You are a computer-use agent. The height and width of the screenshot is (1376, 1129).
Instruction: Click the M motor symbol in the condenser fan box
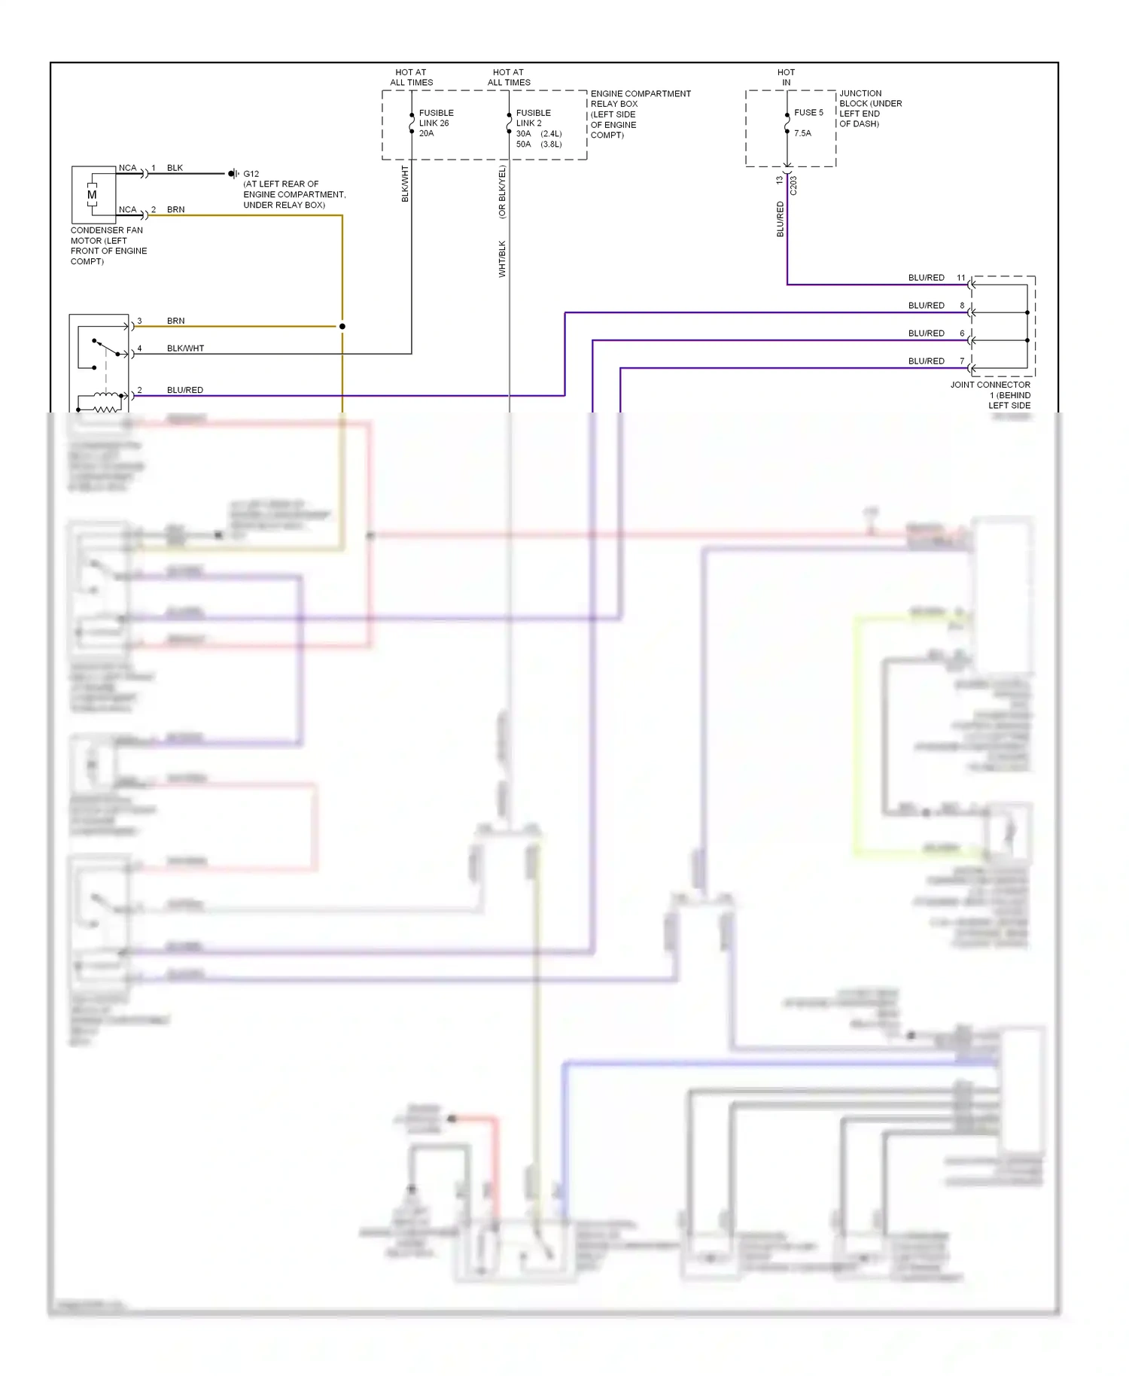click(x=92, y=195)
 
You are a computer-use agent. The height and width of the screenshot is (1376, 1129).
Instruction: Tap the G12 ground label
click(x=251, y=174)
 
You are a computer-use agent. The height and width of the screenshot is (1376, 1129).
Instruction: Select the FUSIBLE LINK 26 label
click(x=436, y=118)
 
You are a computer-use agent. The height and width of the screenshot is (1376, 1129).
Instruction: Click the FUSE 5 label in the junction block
click(x=808, y=113)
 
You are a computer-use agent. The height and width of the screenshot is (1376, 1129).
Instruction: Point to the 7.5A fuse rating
click(x=802, y=133)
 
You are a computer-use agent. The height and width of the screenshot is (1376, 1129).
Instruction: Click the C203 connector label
click(x=793, y=186)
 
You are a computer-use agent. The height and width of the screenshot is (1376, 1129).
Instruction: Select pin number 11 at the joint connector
click(x=960, y=278)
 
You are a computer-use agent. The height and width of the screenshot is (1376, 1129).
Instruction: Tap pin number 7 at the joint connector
click(x=961, y=361)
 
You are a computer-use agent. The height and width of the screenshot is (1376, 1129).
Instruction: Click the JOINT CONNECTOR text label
click(x=990, y=385)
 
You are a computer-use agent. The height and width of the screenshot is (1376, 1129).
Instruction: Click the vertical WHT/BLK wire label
click(x=502, y=259)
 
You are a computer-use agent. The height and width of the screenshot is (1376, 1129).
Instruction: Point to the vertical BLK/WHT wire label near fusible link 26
click(x=405, y=184)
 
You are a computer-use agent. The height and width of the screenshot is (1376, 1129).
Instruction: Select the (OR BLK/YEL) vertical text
click(x=502, y=192)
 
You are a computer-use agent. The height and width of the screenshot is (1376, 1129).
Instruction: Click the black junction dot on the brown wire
click(x=342, y=327)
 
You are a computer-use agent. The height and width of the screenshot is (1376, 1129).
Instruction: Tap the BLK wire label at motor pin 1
click(x=175, y=168)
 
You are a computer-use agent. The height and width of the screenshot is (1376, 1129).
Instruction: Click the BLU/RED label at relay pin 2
click(x=185, y=390)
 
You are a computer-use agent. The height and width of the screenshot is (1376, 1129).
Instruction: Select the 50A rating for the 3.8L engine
click(x=523, y=145)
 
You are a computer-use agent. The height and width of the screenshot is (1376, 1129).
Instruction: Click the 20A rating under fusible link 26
click(x=426, y=133)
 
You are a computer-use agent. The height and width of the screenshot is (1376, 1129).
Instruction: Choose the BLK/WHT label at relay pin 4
click(x=185, y=349)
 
